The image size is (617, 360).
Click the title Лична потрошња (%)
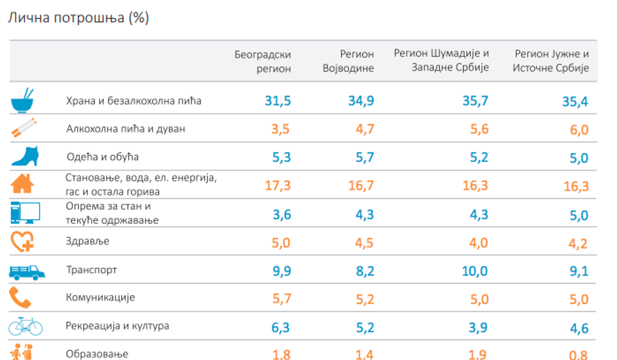coord(78,18)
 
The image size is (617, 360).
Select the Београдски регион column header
coord(263,61)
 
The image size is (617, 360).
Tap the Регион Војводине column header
coord(348,61)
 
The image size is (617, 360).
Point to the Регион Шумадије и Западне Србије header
coord(441,60)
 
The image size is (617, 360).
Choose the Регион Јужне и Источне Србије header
coord(550,61)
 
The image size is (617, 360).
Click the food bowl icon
coord(22,100)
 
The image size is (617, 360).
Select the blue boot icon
coord(23,156)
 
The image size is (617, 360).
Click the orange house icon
coord(22,184)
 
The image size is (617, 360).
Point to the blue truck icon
coord(27,271)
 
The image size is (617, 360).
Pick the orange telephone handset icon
coord(19,298)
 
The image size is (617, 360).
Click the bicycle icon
coord(25,326)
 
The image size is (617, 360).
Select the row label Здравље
coord(87,241)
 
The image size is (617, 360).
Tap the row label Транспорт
coord(91,270)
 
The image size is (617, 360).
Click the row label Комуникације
coord(100,298)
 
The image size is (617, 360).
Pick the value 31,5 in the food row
coord(278,100)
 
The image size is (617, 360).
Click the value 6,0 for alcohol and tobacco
coord(578,130)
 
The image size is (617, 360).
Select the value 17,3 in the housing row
coord(278,186)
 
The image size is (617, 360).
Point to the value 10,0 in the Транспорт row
coord(475,271)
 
